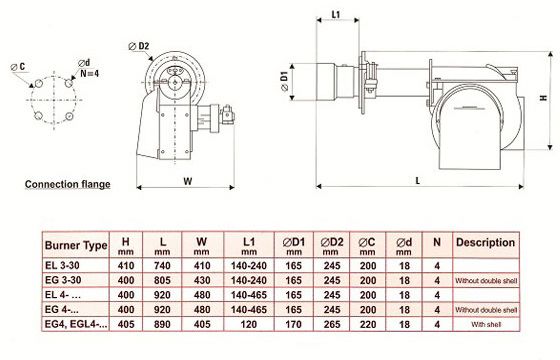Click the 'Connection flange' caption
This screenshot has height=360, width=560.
coord(68,184)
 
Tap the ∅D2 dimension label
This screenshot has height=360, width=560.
coord(139,46)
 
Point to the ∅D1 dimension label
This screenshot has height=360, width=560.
coord(285,81)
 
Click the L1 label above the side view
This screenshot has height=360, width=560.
coord(336,15)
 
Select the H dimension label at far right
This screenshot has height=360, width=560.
coord(544,98)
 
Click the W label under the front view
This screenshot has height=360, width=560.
coord(188,181)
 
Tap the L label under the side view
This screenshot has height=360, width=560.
coord(418,181)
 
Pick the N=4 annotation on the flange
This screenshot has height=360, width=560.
coord(90,74)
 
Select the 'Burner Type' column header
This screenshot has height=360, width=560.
coord(76,245)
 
